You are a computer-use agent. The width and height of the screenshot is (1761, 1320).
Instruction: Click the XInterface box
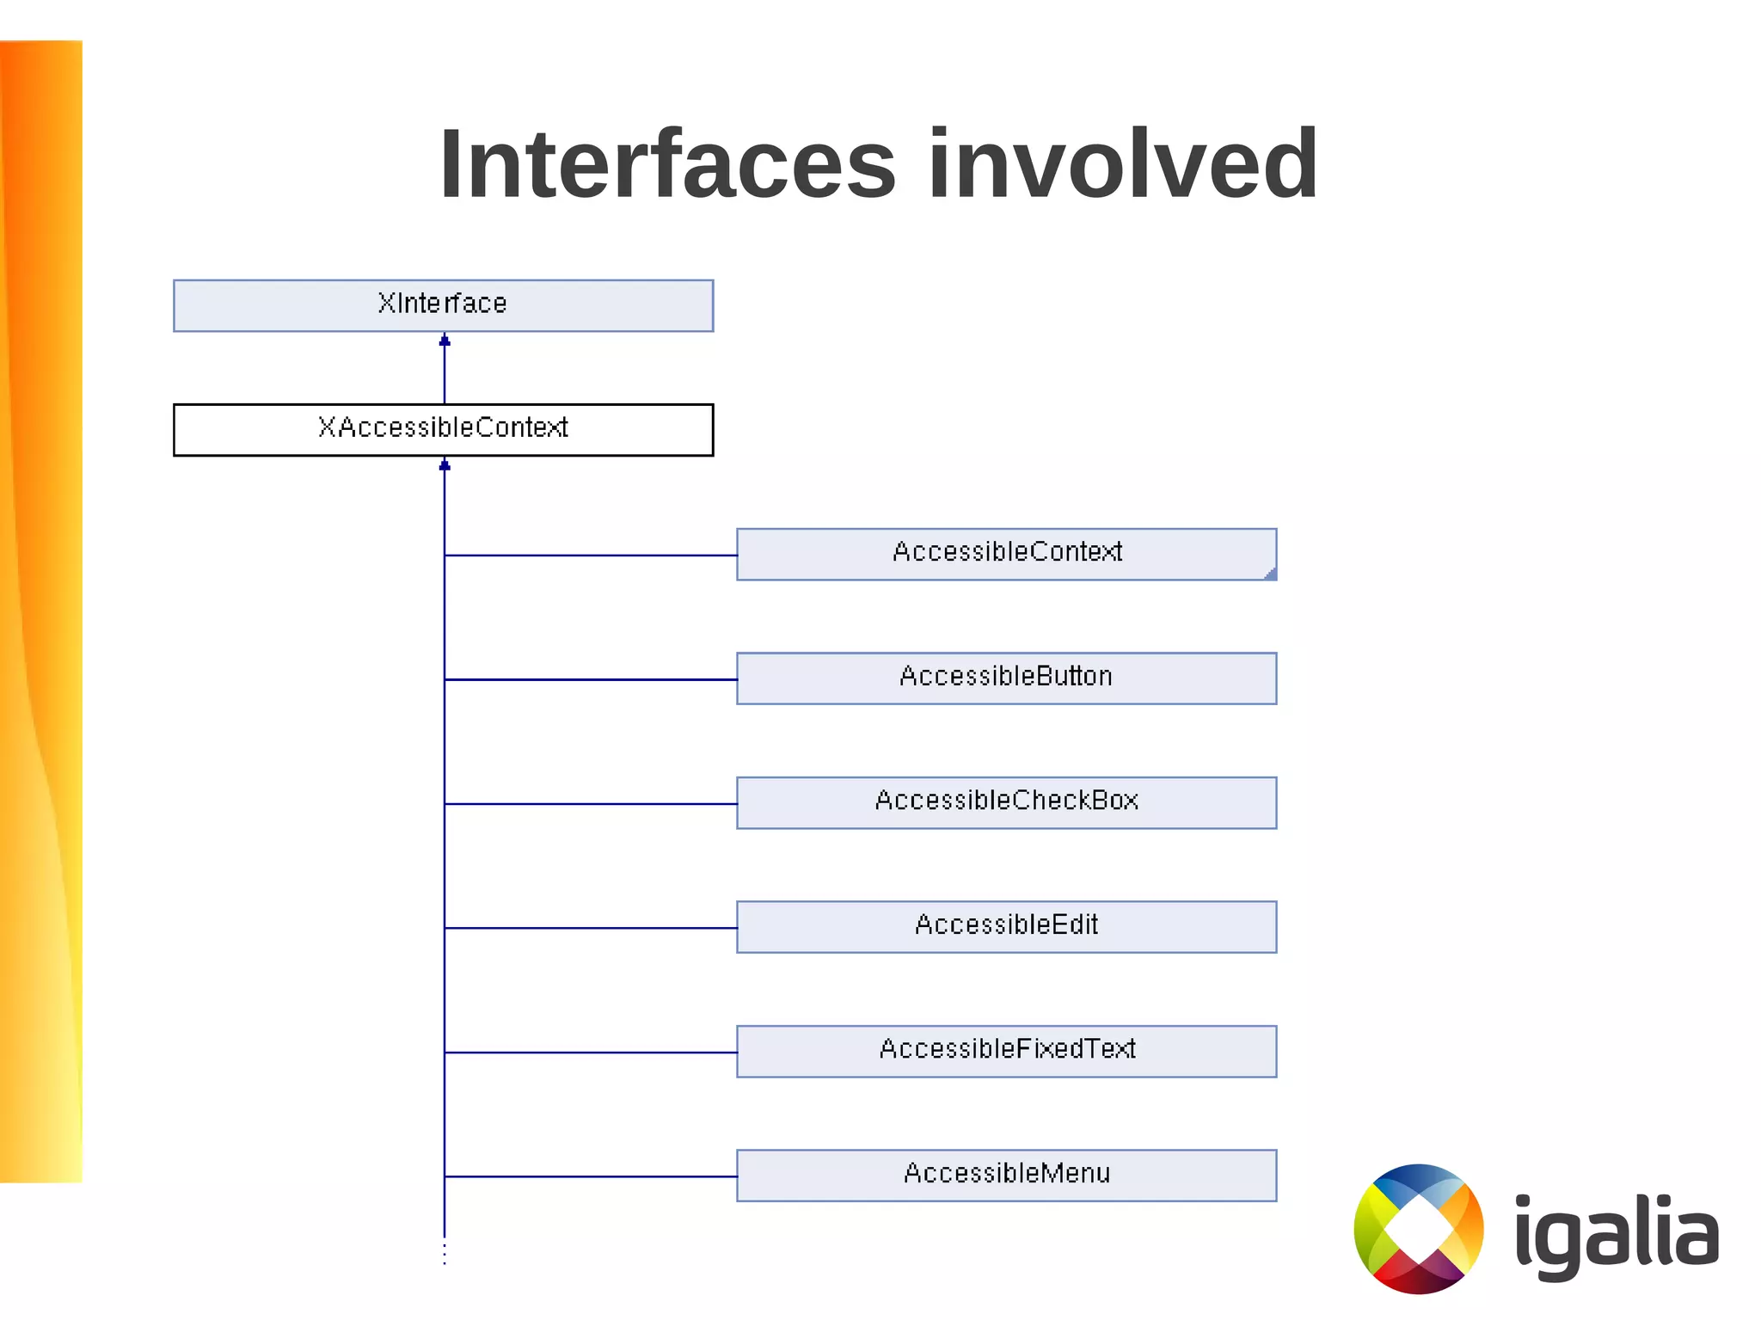click(x=443, y=305)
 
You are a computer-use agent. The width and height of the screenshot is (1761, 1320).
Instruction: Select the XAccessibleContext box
click(x=443, y=429)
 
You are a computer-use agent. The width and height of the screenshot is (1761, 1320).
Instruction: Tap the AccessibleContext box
click(x=1006, y=554)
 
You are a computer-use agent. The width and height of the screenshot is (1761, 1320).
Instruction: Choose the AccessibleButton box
click(x=1006, y=678)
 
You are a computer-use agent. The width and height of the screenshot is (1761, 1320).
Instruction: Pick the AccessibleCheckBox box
click(x=1006, y=802)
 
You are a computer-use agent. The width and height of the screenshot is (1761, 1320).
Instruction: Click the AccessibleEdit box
click(x=1006, y=926)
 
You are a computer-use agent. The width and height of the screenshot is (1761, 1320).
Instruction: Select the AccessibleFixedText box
click(x=1006, y=1051)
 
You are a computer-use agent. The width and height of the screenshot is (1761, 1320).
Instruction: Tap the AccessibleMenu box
click(x=1006, y=1175)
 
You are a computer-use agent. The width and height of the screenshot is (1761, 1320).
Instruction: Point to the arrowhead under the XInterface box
click(x=445, y=341)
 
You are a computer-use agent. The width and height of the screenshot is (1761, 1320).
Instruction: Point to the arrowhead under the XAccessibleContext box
click(x=445, y=465)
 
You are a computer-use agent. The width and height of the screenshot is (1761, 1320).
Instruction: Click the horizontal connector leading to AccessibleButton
click(x=591, y=679)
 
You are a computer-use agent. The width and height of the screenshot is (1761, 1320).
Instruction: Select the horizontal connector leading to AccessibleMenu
click(x=591, y=1176)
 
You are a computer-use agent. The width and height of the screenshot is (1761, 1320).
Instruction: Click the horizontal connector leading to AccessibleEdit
click(x=591, y=928)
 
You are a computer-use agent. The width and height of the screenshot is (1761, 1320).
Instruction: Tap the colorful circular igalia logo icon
click(x=1419, y=1228)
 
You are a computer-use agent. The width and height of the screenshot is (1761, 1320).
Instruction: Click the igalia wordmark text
click(x=1616, y=1231)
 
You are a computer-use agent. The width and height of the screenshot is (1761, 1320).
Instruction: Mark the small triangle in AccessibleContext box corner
click(x=1271, y=574)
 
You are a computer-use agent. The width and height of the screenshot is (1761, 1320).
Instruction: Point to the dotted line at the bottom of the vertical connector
click(x=445, y=1252)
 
